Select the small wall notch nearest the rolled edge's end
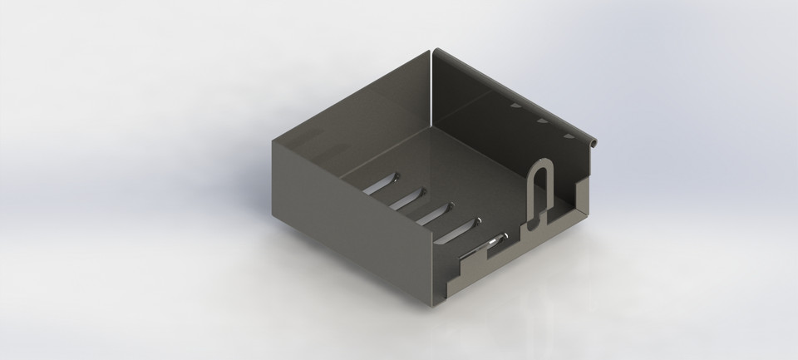coord(569,135)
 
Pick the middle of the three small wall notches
coord(541,121)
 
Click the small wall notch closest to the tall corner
coord(515,106)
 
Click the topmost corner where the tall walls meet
coord(433,51)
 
